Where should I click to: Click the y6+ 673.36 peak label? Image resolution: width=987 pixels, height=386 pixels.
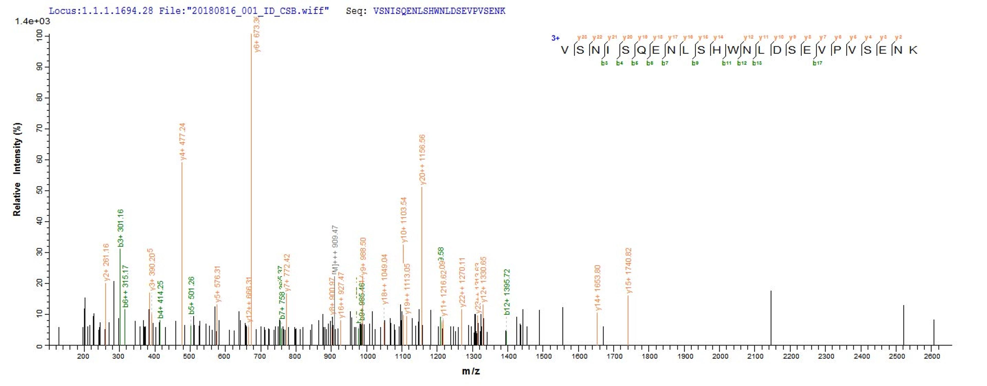(257, 34)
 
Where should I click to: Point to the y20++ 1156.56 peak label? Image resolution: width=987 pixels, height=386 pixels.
(422, 159)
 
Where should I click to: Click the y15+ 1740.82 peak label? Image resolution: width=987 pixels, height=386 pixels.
(628, 270)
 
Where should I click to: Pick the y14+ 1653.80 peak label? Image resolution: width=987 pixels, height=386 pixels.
(598, 287)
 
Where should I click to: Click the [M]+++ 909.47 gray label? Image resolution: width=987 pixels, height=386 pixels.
(335, 249)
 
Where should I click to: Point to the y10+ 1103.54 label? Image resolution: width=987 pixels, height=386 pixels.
(404, 220)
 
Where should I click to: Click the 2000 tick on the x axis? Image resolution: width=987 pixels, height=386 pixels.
(720, 356)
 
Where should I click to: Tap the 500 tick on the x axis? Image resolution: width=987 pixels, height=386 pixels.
(189, 356)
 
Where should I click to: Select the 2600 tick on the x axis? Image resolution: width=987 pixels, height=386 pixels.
(932, 356)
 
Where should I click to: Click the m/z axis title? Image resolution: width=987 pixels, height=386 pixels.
(471, 371)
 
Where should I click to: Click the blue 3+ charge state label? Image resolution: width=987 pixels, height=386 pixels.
(555, 38)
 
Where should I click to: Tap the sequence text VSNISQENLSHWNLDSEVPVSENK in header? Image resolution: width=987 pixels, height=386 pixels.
(439, 11)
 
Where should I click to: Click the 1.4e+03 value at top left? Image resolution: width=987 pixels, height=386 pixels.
(32, 21)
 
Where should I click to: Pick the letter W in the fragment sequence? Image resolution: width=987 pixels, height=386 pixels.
(733, 50)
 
